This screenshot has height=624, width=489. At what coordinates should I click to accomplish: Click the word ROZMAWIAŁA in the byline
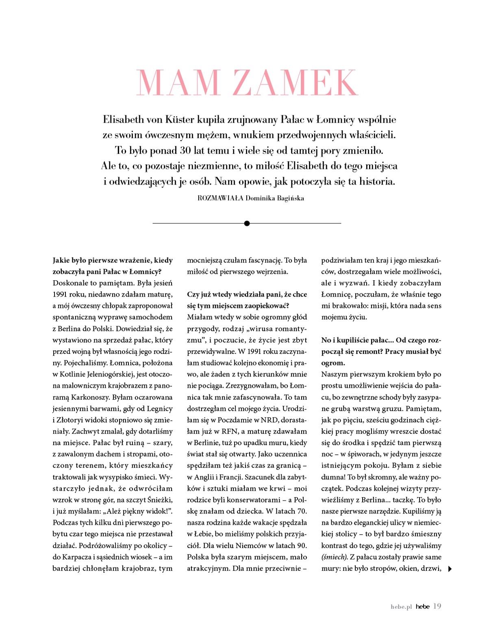(x=220, y=199)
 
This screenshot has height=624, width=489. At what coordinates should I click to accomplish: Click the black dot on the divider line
(x=247, y=223)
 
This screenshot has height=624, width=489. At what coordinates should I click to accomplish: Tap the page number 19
(x=437, y=606)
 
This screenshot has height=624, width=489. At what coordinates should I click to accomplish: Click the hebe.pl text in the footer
(x=401, y=607)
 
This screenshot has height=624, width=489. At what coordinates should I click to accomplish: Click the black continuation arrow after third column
(x=450, y=569)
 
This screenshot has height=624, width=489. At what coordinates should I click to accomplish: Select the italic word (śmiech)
(x=334, y=557)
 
